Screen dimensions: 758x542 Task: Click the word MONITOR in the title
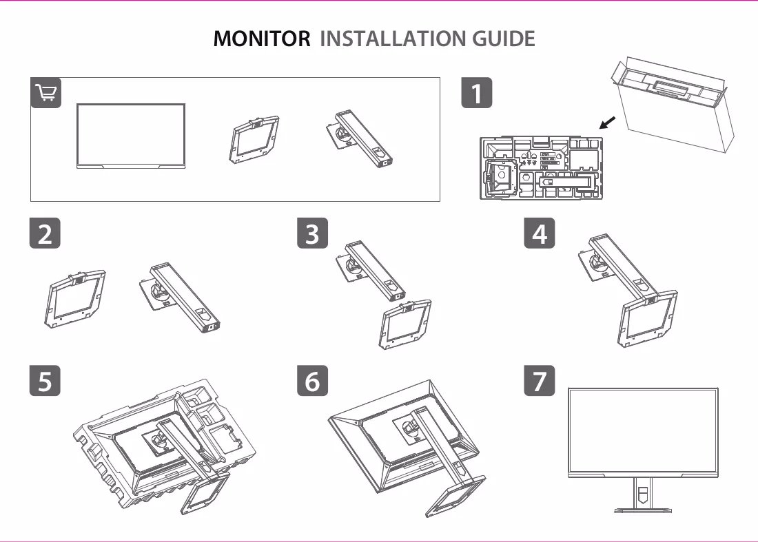pyautogui.click(x=262, y=39)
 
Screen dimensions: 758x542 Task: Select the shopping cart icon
pyautogui.click(x=46, y=92)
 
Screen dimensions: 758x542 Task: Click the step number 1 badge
pyautogui.click(x=477, y=93)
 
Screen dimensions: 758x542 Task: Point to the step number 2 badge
pyautogui.click(x=45, y=233)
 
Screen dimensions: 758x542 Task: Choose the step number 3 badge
pyautogui.click(x=312, y=233)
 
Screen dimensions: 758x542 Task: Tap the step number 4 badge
pyautogui.click(x=540, y=233)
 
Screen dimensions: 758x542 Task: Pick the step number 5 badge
pyautogui.click(x=45, y=380)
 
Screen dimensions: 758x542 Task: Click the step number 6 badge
pyautogui.click(x=312, y=380)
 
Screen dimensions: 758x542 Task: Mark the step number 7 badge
pyautogui.click(x=540, y=380)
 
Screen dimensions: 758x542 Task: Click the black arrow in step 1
pyautogui.click(x=607, y=123)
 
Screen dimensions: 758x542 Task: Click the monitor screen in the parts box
pyautogui.click(x=131, y=136)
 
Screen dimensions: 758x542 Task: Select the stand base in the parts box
pyautogui.click(x=254, y=140)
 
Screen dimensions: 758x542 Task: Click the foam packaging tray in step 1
pyautogui.click(x=542, y=168)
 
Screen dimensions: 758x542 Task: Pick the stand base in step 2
pyautogui.click(x=75, y=300)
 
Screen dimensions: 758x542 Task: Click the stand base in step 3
pyautogui.click(x=404, y=324)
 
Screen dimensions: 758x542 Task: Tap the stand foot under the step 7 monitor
pyautogui.click(x=642, y=509)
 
